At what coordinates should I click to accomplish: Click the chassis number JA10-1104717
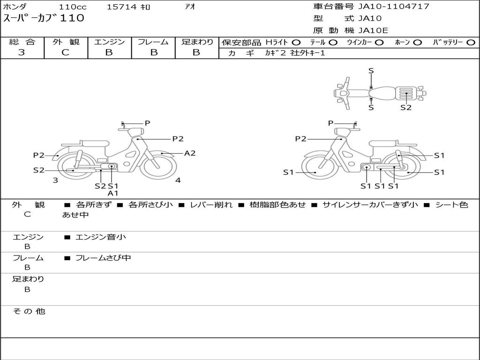(394, 7)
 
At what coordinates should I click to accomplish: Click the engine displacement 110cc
(73, 7)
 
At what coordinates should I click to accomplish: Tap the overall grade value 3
(22, 52)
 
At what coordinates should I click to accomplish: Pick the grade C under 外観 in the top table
(65, 52)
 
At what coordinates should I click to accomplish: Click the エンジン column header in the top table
(109, 42)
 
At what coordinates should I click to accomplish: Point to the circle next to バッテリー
(471, 43)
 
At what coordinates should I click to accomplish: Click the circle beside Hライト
(296, 43)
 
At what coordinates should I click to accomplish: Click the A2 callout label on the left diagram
(190, 153)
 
